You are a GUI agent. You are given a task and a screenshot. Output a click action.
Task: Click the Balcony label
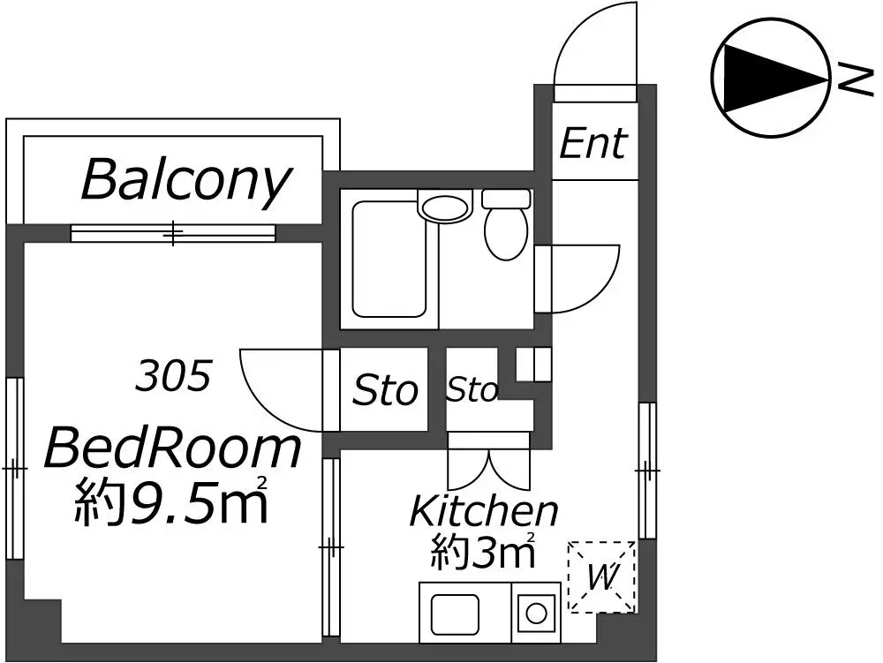point(186,181)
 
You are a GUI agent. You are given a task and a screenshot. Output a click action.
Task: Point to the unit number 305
point(173,375)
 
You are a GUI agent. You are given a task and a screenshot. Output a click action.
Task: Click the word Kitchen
point(484,510)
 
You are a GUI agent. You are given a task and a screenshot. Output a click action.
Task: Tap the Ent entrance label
point(593,143)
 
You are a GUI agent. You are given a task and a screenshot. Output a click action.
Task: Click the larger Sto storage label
point(385,390)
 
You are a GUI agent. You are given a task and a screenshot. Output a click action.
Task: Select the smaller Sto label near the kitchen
point(472,389)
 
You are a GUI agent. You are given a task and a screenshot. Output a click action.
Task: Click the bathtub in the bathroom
point(389,260)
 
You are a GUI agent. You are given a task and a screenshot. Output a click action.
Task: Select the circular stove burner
point(536,614)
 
